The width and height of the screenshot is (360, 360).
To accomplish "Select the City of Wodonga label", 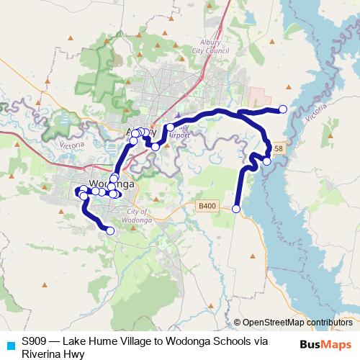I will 136,215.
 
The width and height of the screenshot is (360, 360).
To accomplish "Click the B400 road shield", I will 207,207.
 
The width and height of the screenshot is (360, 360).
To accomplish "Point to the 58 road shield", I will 279,149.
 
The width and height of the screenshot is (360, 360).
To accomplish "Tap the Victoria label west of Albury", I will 72,145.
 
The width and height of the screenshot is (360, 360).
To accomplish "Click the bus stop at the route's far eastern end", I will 283,109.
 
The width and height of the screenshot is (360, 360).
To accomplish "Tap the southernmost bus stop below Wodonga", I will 110,231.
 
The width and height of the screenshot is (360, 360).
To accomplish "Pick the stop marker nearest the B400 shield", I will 236,209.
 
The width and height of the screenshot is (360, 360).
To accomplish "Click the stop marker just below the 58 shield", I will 266,161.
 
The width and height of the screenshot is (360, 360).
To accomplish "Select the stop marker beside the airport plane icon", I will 170,127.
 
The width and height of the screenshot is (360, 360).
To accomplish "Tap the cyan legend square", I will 10,345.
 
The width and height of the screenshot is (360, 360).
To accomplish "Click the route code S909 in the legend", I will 35,341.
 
